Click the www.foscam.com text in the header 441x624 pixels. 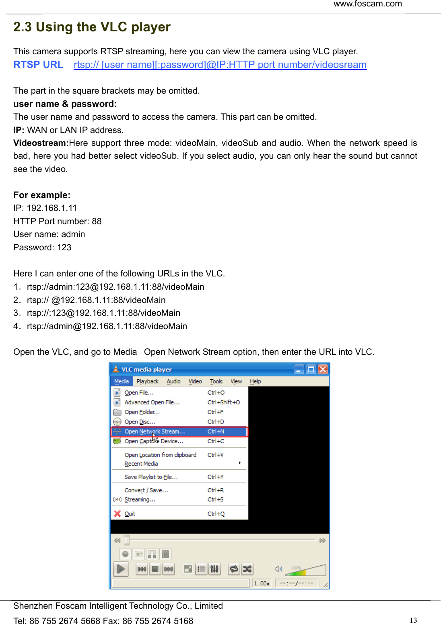(x=367, y=4)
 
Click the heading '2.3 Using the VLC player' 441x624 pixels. (x=92, y=27)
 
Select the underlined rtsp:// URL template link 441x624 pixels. (x=220, y=65)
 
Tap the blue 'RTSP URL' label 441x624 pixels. (x=38, y=65)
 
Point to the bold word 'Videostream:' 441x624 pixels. (x=41, y=143)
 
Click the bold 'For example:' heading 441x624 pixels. (x=42, y=195)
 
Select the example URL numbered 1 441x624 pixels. (x=115, y=287)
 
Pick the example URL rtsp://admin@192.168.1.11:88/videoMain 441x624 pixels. (x=107, y=326)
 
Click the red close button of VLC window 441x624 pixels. (x=323, y=369)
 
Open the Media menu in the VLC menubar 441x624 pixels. (x=121, y=381)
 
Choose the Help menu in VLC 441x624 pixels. (x=255, y=381)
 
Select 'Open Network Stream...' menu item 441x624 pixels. (x=155, y=432)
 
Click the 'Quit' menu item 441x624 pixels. (x=130, y=514)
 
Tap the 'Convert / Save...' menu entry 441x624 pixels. (x=146, y=490)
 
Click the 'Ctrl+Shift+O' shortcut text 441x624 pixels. (x=223, y=402)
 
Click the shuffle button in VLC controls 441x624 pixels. (x=247, y=569)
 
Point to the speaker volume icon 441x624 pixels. (x=278, y=569)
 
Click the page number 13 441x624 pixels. (x=413, y=620)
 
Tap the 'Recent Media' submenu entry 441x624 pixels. (x=141, y=464)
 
